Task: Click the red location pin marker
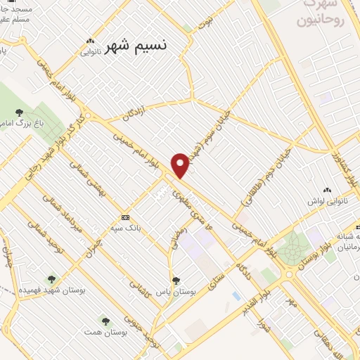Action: click(x=181, y=165)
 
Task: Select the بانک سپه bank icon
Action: click(x=125, y=217)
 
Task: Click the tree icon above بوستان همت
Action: click(x=105, y=321)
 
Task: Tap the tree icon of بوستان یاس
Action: click(x=176, y=280)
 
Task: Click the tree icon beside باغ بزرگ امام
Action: click(x=18, y=112)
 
